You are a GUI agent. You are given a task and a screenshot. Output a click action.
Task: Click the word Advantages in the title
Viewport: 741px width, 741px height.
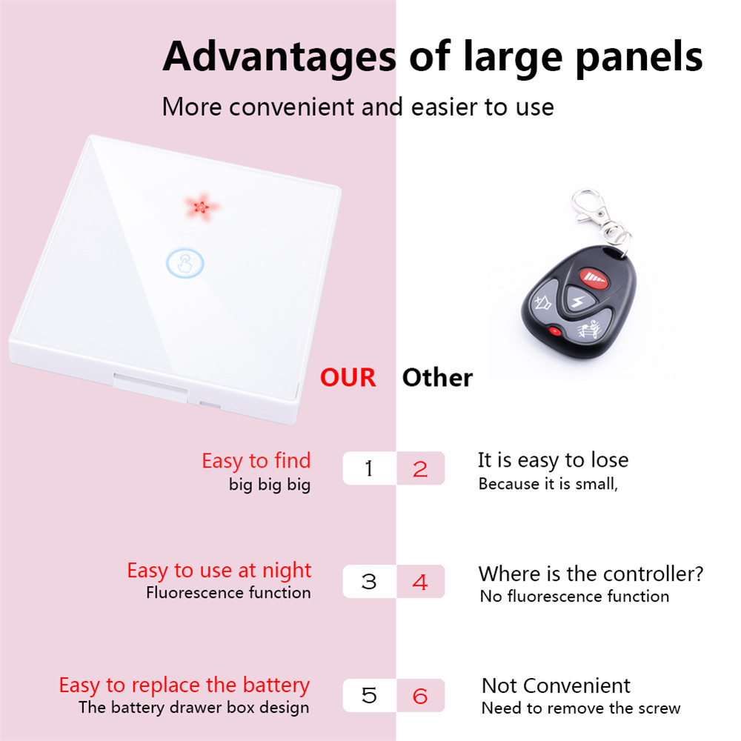click(x=279, y=56)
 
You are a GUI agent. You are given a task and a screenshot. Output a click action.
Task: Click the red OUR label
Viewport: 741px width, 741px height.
click(x=348, y=378)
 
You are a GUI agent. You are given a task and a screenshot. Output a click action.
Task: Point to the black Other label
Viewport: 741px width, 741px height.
click(x=437, y=378)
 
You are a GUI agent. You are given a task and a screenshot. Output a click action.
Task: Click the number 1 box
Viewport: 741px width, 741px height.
click(x=369, y=468)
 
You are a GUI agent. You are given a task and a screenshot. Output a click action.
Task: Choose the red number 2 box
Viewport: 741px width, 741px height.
click(x=420, y=468)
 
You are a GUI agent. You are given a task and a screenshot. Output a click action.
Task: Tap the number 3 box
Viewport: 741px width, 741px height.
click(x=369, y=582)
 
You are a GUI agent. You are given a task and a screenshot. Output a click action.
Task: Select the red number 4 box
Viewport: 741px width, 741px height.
click(x=420, y=582)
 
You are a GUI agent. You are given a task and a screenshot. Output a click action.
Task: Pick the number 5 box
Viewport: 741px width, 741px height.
click(x=369, y=696)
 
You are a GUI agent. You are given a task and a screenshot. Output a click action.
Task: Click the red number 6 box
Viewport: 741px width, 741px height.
click(x=420, y=696)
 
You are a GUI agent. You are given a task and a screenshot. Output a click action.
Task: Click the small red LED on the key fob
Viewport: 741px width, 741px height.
click(x=554, y=331)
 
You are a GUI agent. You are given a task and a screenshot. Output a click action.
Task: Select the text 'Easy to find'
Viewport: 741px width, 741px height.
click(x=256, y=461)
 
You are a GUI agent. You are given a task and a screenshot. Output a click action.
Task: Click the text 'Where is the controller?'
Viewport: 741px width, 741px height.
click(x=591, y=574)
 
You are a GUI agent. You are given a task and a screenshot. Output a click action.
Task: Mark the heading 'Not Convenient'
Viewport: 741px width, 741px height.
click(x=556, y=685)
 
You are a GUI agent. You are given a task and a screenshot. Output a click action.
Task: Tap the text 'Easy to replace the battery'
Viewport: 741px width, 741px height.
click(x=184, y=685)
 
